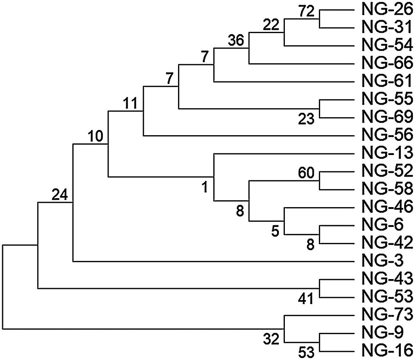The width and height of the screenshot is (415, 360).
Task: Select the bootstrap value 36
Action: coord(236,41)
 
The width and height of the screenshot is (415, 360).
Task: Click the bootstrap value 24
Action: coord(60,195)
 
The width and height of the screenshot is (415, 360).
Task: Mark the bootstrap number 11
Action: coord(129,103)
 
